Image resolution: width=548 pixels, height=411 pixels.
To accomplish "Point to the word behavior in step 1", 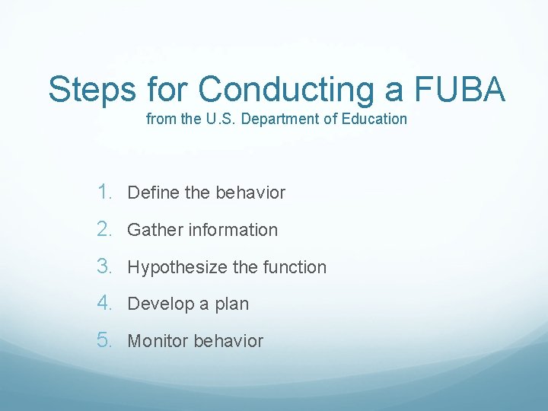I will (250, 193).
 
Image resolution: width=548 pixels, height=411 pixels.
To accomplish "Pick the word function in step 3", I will (295, 267).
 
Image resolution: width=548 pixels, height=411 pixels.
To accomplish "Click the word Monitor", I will (158, 341).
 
